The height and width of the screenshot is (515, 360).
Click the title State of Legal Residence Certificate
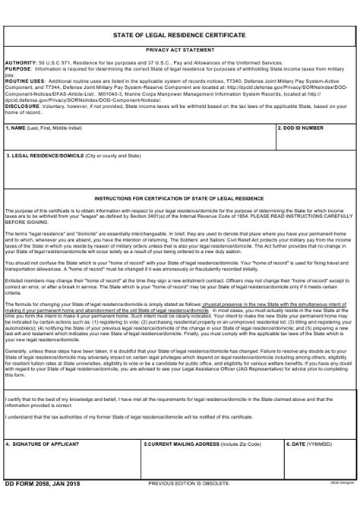point(179,35)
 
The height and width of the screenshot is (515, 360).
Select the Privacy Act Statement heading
point(179,49)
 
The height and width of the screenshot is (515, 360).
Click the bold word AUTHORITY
point(20,61)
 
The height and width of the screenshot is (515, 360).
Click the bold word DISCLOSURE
point(23,106)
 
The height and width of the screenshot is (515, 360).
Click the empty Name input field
point(137,141)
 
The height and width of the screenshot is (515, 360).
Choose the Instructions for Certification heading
point(179,196)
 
